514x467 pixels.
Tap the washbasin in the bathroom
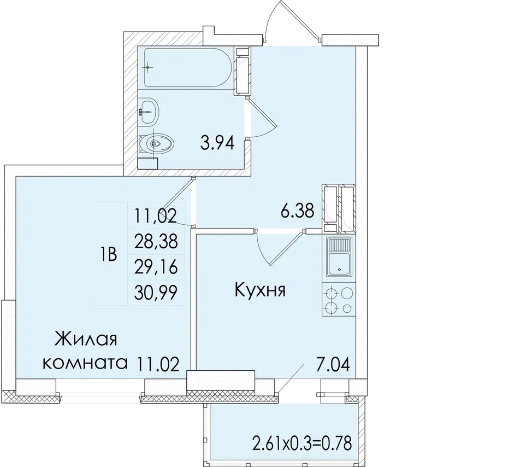[x=149, y=111]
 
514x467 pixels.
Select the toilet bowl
[x=156, y=143]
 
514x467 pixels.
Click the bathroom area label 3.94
[x=217, y=143]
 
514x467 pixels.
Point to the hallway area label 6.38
[x=298, y=211]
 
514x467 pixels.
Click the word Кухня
[x=261, y=290]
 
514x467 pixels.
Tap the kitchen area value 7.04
[x=333, y=364]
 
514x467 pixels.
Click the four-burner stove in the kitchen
[x=339, y=300]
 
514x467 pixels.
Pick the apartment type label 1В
[x=108, y=255]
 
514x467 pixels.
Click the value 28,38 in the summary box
[x=156, y=242]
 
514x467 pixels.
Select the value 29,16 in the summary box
[x=156, y=267]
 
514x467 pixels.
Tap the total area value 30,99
[x=156, y=293]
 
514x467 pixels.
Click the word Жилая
[x=86, y=339]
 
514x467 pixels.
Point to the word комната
[x=85, y=363]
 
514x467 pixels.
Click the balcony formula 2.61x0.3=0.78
[x=302, y=443]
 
